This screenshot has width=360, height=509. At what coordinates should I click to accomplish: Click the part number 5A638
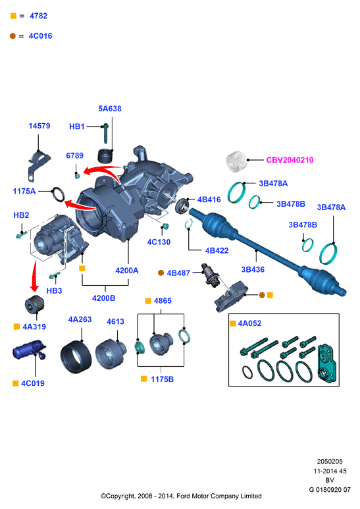click(x=110, y=109)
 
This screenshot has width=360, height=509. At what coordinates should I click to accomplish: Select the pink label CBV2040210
click(x=290, y=160)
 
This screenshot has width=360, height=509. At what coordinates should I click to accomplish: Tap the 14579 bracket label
click(x=39, y=126)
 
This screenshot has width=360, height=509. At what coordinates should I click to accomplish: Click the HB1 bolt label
click(x=77, y=126)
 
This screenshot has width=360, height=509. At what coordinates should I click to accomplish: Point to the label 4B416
click(x=209, y=200)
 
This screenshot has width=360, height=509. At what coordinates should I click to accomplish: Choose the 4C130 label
click(x=159, y=242)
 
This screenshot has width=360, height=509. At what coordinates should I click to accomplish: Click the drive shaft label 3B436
click(x=253, y=269)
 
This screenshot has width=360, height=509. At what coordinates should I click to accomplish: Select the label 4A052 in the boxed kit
click(x=249, y=323)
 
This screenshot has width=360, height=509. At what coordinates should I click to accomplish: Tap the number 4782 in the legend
click(x=38, y=16)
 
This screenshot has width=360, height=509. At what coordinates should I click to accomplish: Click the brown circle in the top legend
click(x=13, y=36)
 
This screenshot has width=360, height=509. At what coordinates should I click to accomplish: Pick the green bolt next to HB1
click(x=105, y=133)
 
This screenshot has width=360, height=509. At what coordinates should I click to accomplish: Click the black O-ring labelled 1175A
click(x=58, y=194)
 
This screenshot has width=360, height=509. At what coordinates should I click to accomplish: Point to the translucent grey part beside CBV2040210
click(x=236, y=161)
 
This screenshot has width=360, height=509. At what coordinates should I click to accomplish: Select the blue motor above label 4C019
click(x=28, y=349)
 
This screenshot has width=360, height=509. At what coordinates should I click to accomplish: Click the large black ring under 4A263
click(x=76, y=357)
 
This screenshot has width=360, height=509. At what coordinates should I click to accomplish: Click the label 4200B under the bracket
click(x=103, y=298)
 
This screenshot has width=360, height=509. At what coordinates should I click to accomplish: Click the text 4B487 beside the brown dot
click(x=178, y=273)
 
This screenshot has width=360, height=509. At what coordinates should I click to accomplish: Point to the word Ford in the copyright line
click(x=183, y=496)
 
